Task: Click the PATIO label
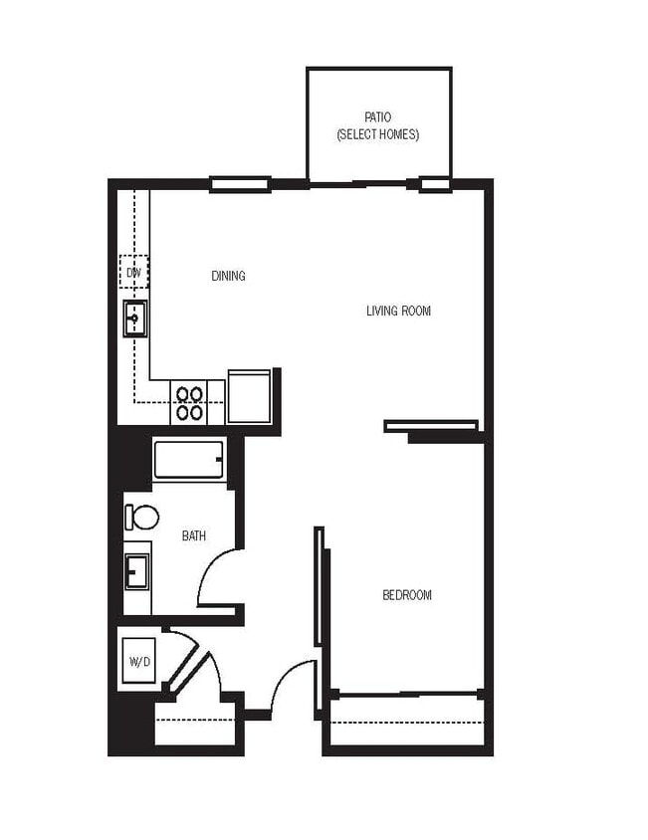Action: pos(377,117)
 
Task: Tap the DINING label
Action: pos(228,276)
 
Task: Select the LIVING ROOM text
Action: pos(398,311)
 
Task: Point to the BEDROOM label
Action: pos(407,595)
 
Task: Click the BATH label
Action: pos(194,536)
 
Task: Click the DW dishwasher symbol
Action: pos(133,271)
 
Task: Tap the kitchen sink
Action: pos(134,318)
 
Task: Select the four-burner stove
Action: pos(189,402)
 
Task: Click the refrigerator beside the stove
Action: pos(249,396)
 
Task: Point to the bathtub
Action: pos(189,460)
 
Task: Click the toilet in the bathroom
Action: pos(141,517)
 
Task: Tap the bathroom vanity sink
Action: pos(136,572)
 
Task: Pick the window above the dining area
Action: pos(240,183)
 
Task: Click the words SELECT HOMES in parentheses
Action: pos(377,134)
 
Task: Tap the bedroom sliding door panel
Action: pos(320,586)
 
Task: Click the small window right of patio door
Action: pos(435,184)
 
